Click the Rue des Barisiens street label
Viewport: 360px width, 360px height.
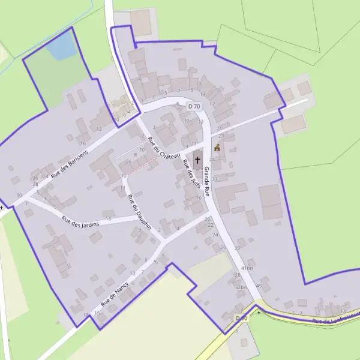click(70, 163)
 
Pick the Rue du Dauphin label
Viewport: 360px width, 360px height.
click(136, 214)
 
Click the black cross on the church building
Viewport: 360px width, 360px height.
click(197, 161)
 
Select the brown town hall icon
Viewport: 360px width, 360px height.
click(217, 148)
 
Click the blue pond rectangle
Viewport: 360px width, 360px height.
click(62, 47)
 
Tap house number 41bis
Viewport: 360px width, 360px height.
click(247, 268)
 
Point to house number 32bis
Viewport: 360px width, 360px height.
click(241, 287)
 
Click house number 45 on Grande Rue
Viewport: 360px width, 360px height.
click(259, 286)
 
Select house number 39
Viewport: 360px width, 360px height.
click(238, 248)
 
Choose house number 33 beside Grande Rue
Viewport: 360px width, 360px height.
click(214, 179)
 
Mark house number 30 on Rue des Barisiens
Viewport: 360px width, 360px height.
click(19, 195)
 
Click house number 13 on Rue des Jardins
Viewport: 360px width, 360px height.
click(109, 220)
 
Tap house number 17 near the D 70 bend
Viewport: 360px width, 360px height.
click(212, 104)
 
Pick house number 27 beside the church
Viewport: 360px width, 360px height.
click(211, 160)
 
